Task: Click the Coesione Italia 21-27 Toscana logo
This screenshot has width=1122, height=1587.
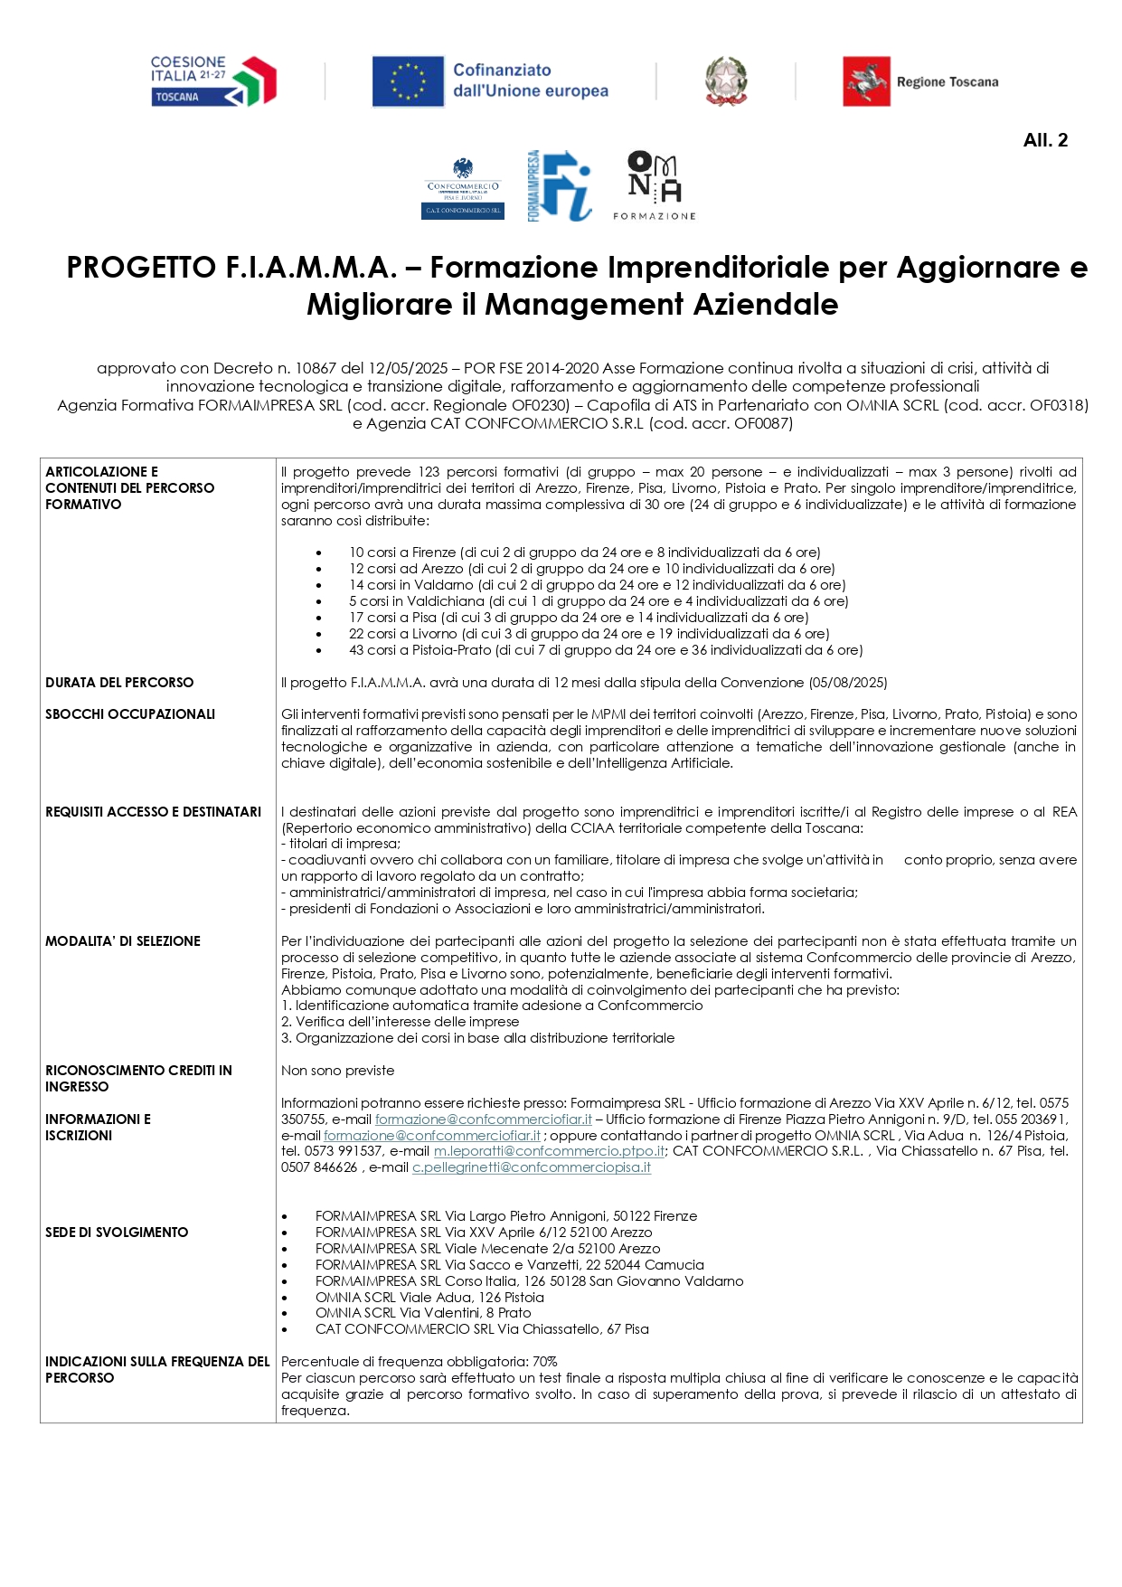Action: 213,81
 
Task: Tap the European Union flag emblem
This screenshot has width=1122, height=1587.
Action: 408,81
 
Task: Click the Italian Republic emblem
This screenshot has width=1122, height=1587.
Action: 725,81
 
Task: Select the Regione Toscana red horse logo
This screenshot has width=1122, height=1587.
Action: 866,81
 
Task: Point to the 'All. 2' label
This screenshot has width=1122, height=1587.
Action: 1045,140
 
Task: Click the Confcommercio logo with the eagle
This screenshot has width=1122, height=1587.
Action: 464,187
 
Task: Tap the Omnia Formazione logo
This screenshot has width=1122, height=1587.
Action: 655,185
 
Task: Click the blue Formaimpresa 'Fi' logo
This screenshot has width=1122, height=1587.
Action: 560,185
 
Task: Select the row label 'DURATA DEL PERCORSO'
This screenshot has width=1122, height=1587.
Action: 119,683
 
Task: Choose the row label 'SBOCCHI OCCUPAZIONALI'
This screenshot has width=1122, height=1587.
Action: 130,714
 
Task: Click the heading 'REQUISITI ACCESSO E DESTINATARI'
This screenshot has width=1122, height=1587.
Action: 154,812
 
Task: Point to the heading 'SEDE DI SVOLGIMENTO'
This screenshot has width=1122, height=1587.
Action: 117,1233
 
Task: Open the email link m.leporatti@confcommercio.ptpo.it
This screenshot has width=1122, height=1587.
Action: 549,1151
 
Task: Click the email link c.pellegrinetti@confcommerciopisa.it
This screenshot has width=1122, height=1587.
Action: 531,1167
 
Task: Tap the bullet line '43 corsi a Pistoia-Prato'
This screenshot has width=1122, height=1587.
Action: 606,650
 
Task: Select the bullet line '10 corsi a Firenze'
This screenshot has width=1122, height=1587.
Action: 584,553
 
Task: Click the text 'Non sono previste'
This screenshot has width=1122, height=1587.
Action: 337,1071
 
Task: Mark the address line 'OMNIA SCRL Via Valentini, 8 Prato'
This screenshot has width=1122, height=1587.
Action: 423,1313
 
